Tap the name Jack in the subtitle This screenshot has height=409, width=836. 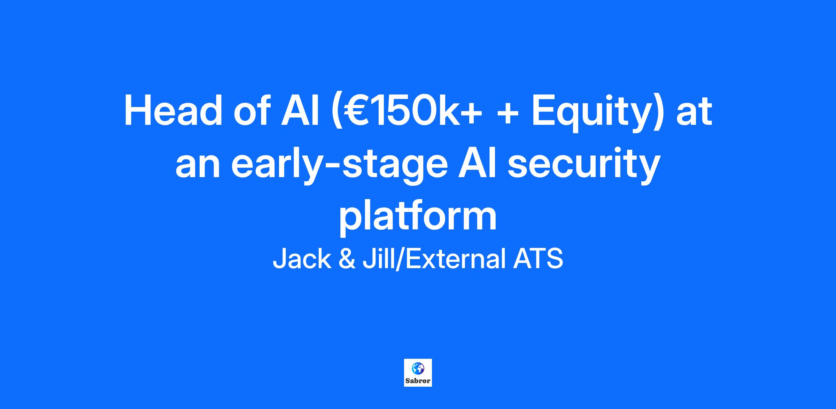coord(302,259)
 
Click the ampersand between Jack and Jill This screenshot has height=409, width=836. coord(347,259)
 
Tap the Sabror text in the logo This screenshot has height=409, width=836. coord(418,381)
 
